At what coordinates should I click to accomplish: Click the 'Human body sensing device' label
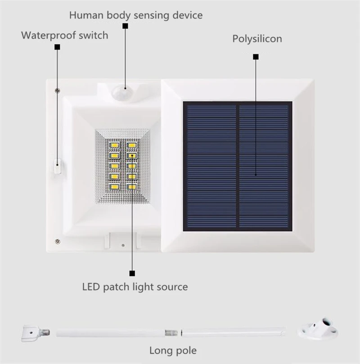tap(136, 15)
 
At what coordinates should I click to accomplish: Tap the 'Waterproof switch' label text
tap(64, 35)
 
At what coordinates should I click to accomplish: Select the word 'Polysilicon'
tap(257, 39)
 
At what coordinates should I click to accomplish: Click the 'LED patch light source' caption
tap(135, 287)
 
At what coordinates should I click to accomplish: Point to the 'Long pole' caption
tap(173, 351)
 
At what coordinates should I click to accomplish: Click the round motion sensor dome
tap(121, 92)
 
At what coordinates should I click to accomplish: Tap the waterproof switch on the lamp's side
tap(58, 166)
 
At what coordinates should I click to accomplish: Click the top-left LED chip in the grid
tap(114, 145)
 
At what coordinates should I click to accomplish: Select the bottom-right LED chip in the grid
tap(131, 187)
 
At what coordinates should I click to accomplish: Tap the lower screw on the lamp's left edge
tap(58, 242)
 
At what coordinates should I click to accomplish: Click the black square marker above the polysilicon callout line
tap(256, 57)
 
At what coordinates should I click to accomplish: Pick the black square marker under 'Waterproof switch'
tap(57, 47)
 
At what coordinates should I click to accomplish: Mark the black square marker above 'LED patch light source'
tap(132, 273)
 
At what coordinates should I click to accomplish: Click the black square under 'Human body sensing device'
tap(126, 26)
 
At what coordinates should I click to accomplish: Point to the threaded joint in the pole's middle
tap(171, 333)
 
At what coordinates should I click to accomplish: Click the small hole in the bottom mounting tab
tap(123, 245)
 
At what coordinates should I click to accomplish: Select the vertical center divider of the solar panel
tap(238, 166)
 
